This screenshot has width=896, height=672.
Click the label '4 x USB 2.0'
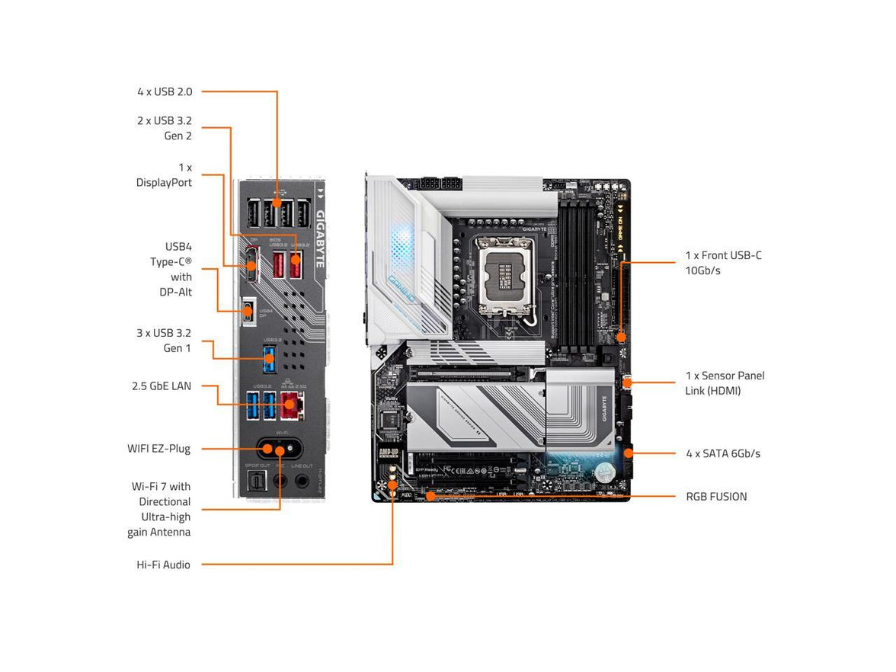point(165,91)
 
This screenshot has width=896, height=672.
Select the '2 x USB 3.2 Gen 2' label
point(164,128)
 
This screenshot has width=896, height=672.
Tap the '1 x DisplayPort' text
point(164,174)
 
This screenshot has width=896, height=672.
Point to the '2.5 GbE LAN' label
point(162,386)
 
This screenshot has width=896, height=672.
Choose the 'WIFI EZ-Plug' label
point(158,449)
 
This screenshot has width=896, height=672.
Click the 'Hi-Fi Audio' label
point(160,565)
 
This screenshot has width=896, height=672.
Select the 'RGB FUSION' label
point(716,496)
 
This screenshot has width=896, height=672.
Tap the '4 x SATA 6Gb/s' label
point(722,453)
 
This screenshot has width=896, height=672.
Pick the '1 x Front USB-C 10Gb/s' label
point(723,263)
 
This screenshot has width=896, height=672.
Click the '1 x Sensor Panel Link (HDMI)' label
point(724,383)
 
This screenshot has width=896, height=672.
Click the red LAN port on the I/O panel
point(289,406)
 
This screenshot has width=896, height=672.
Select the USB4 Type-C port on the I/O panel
point(248,311)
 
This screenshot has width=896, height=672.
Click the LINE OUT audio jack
point(302,481)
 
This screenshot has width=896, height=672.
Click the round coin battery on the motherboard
point(603,472)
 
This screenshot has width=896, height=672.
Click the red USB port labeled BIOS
point(278,266)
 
